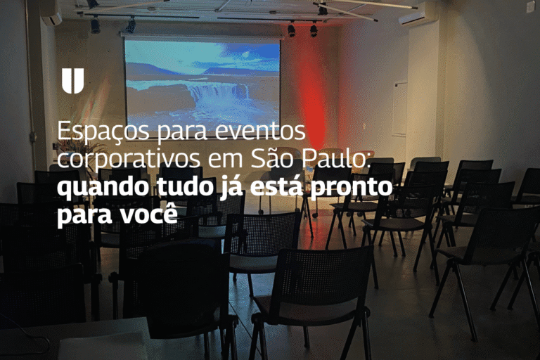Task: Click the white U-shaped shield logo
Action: (72, 81)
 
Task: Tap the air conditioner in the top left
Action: (51, 13)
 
